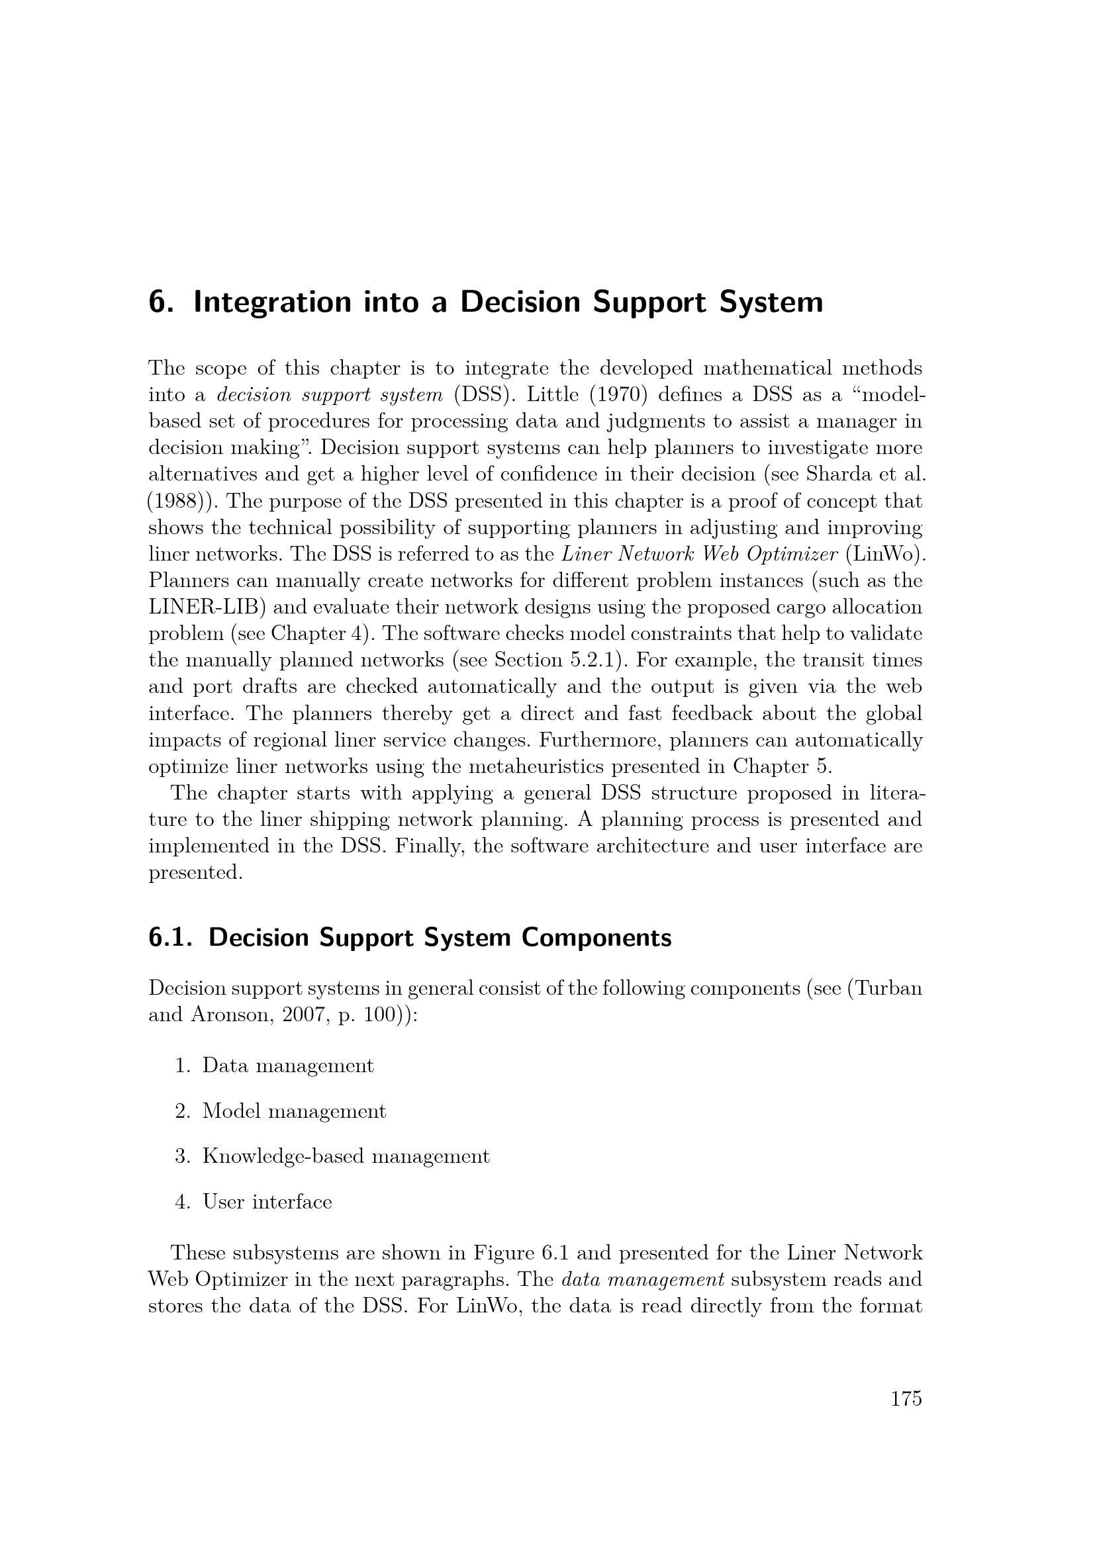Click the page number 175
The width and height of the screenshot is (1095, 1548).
906,1399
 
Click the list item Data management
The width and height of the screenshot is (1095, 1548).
287,1066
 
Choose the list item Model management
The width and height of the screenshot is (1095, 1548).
294,1111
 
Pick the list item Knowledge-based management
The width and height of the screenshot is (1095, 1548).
346,1156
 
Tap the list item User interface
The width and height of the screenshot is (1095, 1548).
267,1202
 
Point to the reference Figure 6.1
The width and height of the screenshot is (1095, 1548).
520,1253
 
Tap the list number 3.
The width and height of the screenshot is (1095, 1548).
181,1156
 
